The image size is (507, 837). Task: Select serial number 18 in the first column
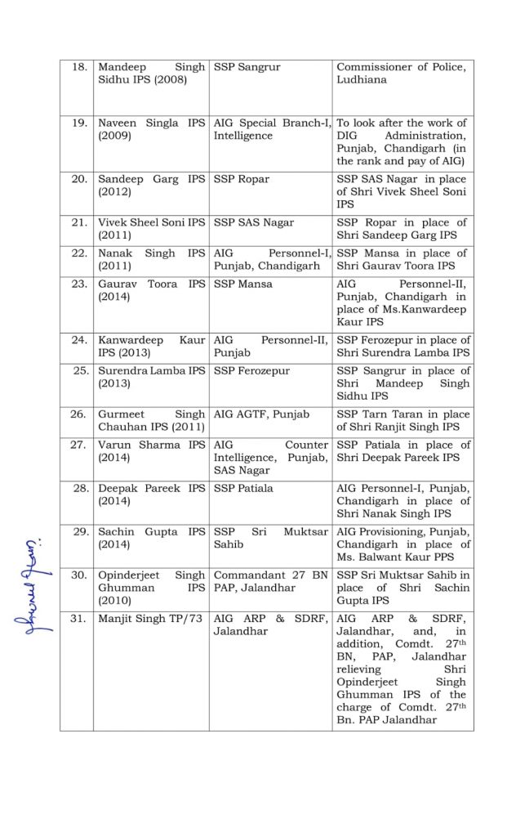[79, 67]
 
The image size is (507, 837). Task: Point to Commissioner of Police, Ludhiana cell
[401, 74]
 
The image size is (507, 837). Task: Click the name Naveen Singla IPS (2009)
[151, 129]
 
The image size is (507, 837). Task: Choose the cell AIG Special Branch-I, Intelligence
[271, 129]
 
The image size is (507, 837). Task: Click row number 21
[79, 222]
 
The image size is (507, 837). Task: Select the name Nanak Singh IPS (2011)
[151, 259]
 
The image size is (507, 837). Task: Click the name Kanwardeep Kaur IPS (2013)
[151, 346]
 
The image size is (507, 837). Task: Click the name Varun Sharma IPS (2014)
[151, 451]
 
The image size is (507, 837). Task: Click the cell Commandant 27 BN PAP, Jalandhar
[270, 581]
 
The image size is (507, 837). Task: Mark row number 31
[79, 619]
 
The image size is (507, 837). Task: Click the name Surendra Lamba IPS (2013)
[151, 377]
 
